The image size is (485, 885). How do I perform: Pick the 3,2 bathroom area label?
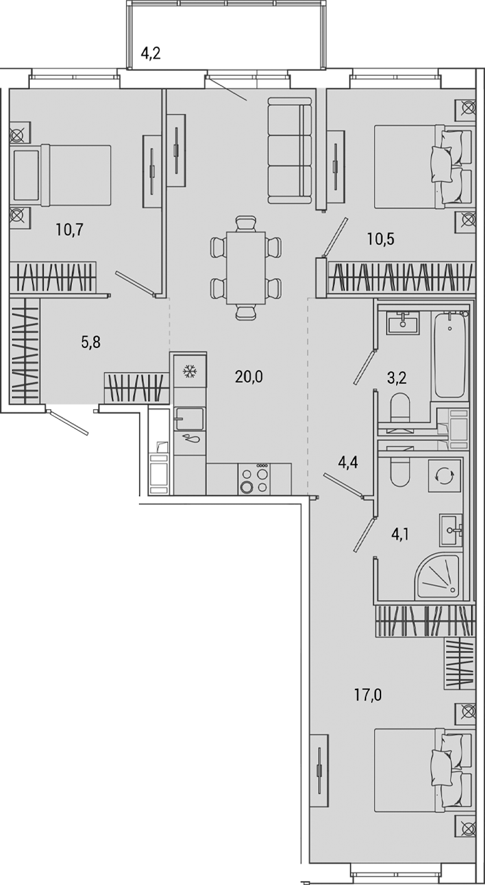pos(397,379)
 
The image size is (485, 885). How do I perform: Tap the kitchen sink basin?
pos(190,417)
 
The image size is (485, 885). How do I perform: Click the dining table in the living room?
pos(245,268)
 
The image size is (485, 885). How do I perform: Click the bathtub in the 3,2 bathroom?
pos(450,355)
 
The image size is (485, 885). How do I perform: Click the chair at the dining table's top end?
pos(245,223)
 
